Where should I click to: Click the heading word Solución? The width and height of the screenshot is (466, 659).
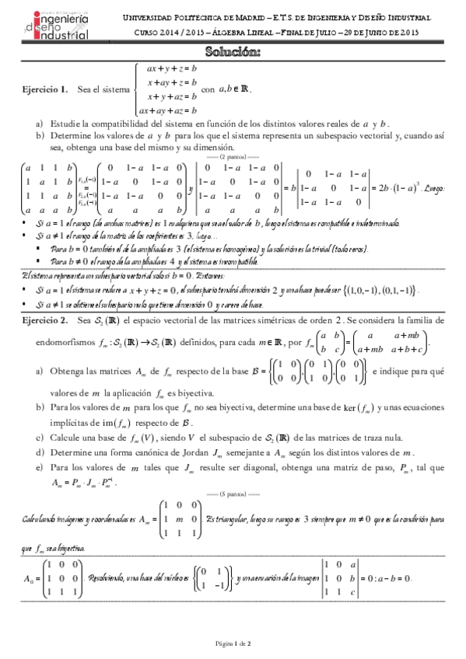click(233, 52)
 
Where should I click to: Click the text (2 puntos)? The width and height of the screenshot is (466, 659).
click(233, 156)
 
